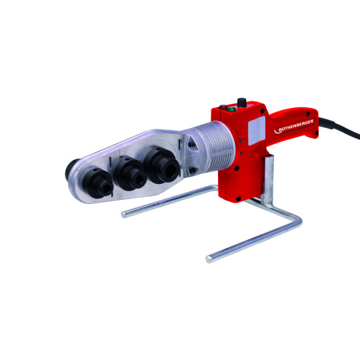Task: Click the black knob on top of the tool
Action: point(241,103)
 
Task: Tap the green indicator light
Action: point(231,109)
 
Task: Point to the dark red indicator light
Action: point(223,107)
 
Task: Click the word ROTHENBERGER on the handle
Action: point(296,125)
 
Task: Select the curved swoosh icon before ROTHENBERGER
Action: point(277,131)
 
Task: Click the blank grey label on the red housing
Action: point(257,131)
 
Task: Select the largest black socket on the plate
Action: point(162,165)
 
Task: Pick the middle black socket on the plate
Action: point(131,173)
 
